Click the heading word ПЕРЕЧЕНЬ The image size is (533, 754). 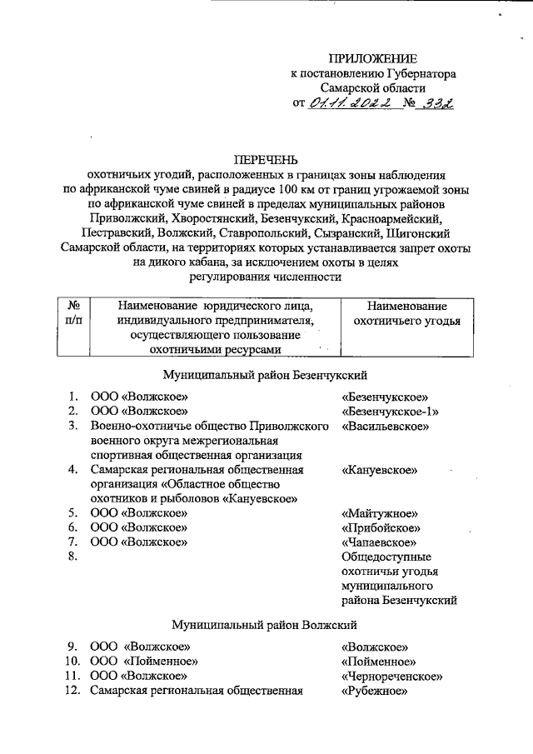pyautogui.click(x=266, y=160)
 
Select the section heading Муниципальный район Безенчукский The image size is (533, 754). pyautogui.click(x=265, y=375)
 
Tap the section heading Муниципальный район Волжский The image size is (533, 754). pyautogui.click(x=265, y=624)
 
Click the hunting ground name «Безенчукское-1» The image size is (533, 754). pyautogui.click(x=390, y=412)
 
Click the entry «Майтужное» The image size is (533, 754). pyautogui.click(x=379, y=513)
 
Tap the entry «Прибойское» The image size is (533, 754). pyautogui.click(x=381, y=527)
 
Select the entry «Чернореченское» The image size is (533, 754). pyautogui.click(x=391, y=676)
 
